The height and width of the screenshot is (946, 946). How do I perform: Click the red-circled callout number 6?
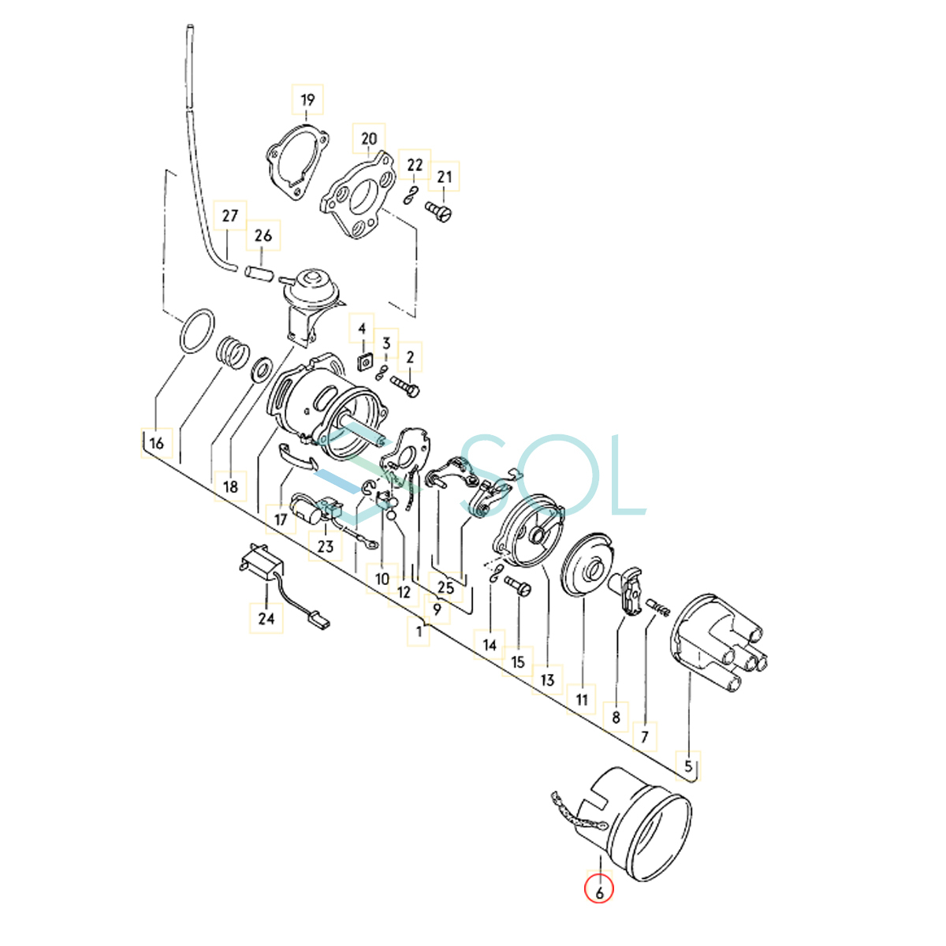point(599,892)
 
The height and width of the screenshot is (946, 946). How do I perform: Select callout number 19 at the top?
point(307,99)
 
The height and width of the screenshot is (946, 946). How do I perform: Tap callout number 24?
point(266,618)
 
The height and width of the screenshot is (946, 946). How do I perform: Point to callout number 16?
point(157,443)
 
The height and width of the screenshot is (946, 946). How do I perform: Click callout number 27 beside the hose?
point(229,216)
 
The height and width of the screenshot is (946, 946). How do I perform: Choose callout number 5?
point(688,765)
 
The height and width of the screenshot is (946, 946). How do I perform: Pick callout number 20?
point(369,140)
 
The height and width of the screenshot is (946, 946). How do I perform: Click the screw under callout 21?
point(438,210)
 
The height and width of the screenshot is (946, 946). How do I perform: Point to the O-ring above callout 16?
point(196,331)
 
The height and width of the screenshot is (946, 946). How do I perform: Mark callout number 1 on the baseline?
point(419,631)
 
